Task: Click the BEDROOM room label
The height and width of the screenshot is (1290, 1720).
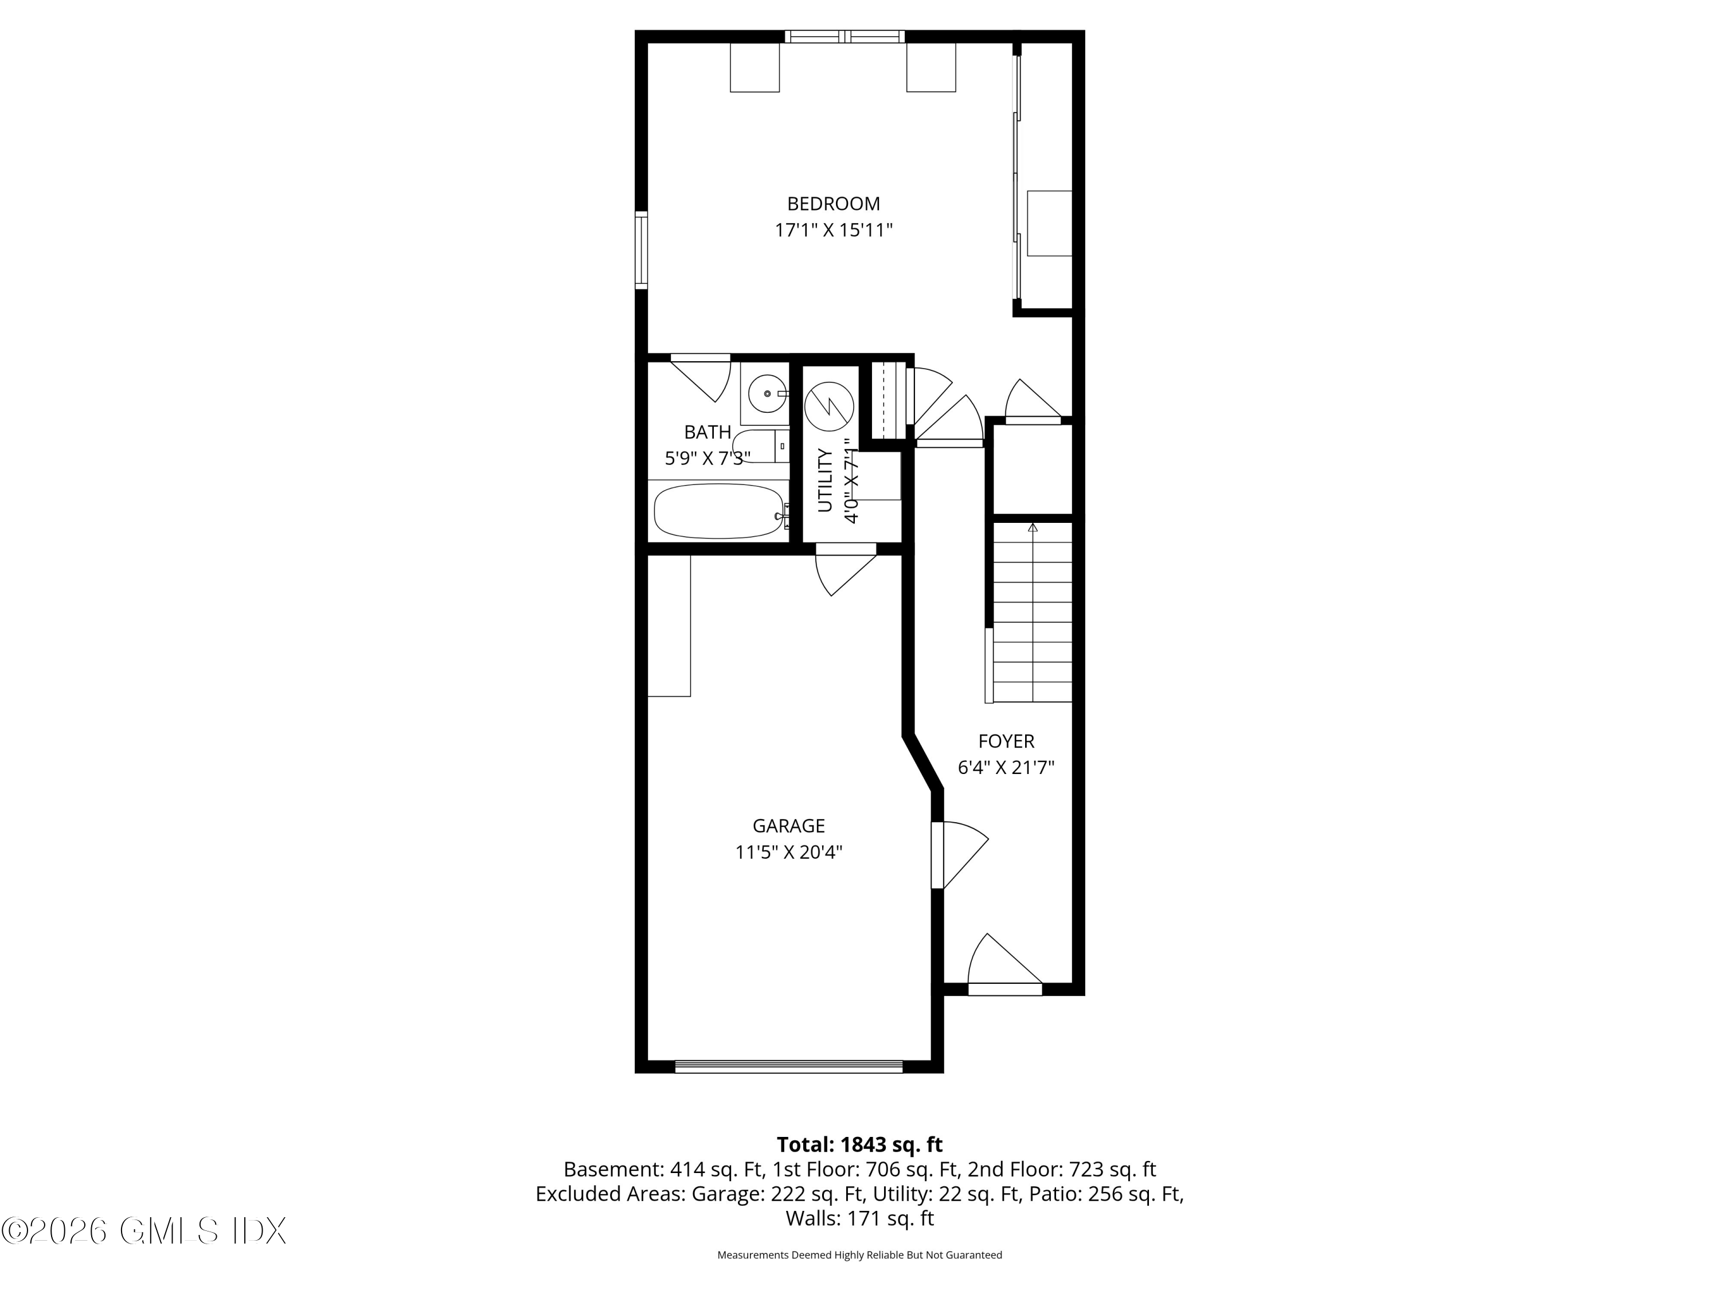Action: click(833, 204)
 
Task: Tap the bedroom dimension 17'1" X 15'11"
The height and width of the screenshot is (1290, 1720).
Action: click(833, 230)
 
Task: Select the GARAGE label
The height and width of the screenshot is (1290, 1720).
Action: click(788, 826)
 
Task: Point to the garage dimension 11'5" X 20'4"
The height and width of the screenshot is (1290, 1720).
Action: click(788, 852)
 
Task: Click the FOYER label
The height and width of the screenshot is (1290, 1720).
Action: click(1006, 741)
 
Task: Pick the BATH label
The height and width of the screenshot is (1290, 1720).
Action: click(707, 432)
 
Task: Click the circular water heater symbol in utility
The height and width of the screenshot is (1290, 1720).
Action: click(829, 406)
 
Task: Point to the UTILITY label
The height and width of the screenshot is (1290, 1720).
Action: click(825, 480)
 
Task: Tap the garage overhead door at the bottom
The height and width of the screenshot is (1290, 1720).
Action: click(788, 1067)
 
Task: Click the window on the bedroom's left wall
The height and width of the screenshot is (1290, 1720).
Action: click(641, 251)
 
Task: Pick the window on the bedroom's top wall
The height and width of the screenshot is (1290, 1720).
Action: click(845, 36)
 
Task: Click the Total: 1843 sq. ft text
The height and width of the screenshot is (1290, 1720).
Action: click(859, 1144)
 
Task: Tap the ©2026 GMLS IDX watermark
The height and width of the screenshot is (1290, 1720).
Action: click(144, 1231)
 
